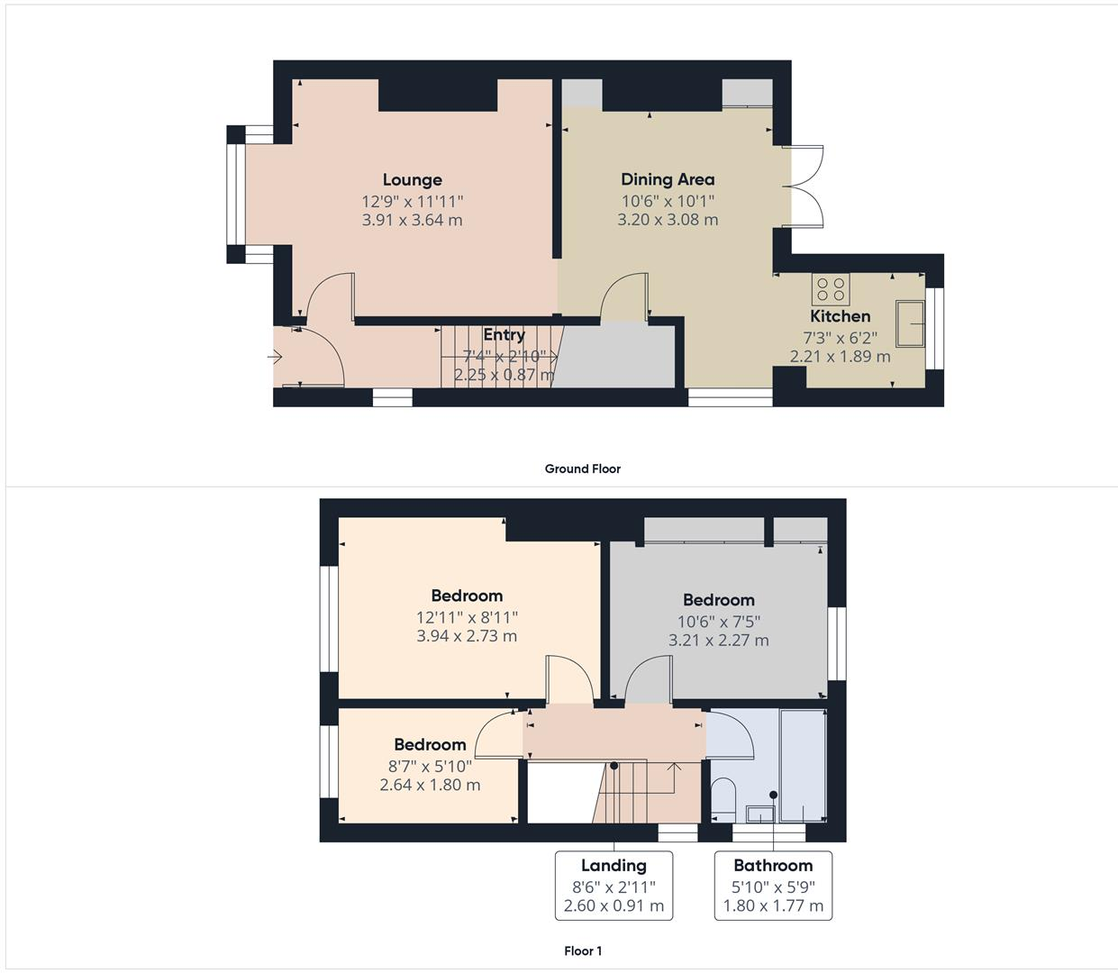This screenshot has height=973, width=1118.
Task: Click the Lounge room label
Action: (412, 180)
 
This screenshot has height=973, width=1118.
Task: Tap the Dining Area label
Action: (668, 179)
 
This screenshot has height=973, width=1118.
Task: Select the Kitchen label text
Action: (840, 316)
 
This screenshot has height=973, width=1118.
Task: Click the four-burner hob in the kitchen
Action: (831, 289)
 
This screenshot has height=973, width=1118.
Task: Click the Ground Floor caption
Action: (582, 468)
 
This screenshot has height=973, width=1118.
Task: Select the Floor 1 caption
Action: (583, 950)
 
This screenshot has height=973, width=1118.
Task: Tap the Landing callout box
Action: (614, 885)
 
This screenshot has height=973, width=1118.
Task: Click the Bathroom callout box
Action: (773, 885)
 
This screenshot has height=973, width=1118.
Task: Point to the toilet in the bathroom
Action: (723, 796)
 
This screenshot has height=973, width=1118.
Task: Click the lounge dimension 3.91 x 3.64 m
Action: (412, 220)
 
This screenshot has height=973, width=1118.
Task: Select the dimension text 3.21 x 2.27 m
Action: (718, 641)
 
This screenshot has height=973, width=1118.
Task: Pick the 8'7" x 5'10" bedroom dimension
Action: (430, 766)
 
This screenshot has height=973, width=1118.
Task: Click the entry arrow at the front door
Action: (276, 358)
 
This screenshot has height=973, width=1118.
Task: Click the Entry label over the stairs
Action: (504, 335)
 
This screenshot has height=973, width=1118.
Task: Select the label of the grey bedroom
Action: (718, 600)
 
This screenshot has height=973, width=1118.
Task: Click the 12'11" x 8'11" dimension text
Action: (467, 617)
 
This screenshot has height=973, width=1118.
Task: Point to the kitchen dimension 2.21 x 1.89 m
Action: (840, 356)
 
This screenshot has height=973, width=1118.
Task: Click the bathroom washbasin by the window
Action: (759, 814)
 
